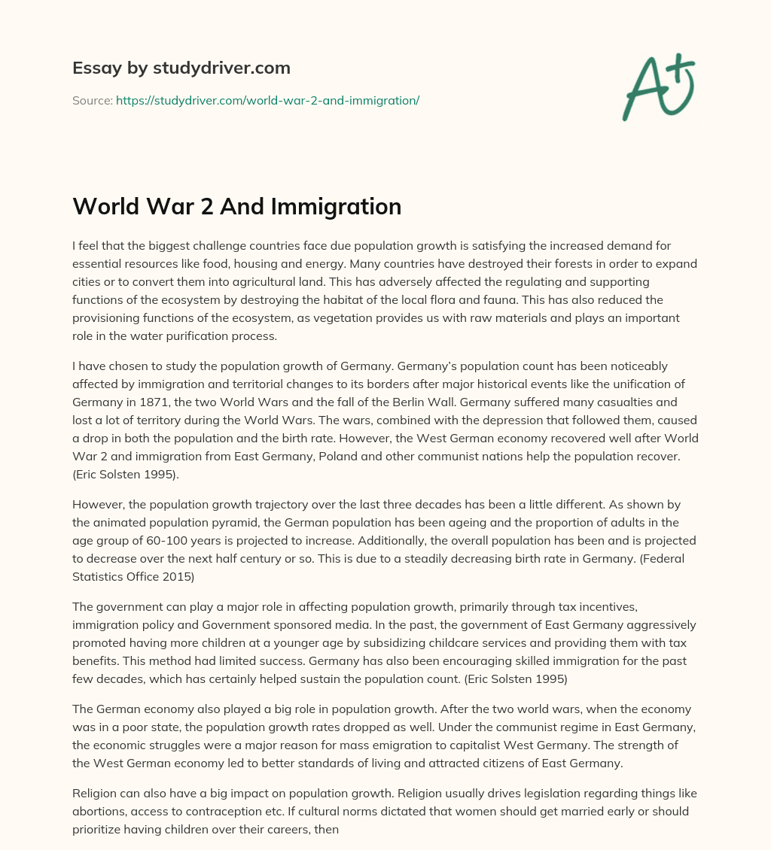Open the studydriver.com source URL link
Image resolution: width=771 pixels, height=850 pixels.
pos(267,100)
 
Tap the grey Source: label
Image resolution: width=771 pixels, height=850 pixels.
pos(93,100)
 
